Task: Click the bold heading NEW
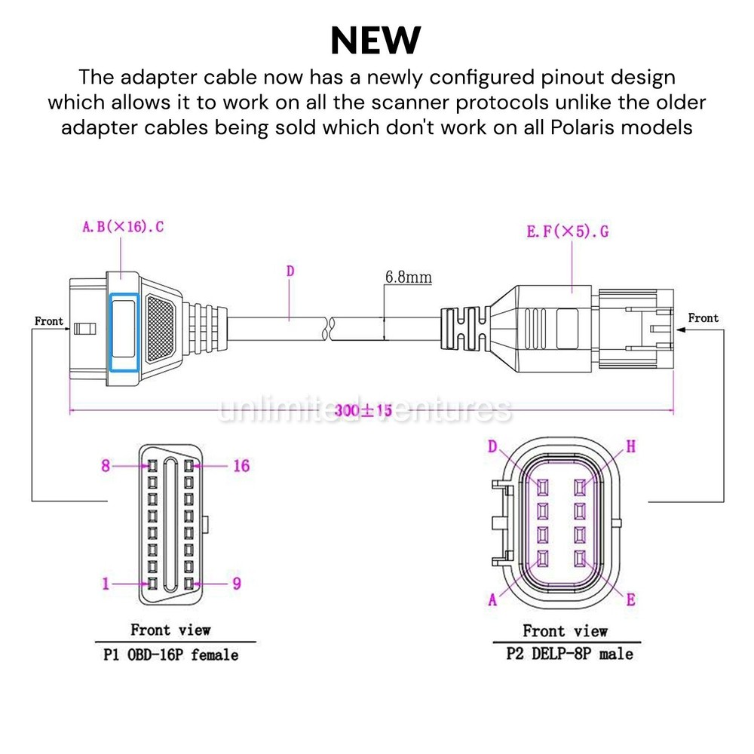point(375,41)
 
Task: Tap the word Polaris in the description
point(581,128)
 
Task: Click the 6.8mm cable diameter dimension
point(408,277)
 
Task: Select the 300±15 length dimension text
point(363,410)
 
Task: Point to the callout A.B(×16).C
point(123,226)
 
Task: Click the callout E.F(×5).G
point(568,231)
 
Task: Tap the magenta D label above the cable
point(290,271)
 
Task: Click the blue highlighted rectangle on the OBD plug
point(124,333)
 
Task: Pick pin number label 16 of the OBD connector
point(241,465)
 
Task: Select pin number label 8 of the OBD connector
point(106,465)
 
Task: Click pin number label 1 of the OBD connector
point(106,584)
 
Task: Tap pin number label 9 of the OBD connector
point(237,584)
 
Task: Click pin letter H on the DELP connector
point(631,446)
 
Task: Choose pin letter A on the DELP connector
point(492,599)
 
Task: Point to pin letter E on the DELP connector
point(631,599)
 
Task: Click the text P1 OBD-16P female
point(171,655)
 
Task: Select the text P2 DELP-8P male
point(570,654)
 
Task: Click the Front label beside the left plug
point(49,320)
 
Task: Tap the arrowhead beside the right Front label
point(680,330)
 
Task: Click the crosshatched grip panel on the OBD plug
point(161,329)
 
